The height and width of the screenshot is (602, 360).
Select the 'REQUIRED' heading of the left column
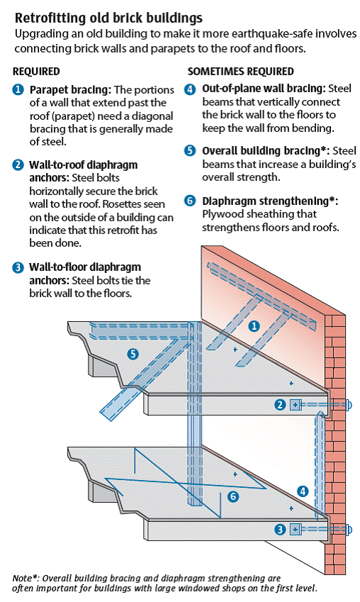[36, 72]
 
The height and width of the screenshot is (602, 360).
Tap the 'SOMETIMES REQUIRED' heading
[240, 72]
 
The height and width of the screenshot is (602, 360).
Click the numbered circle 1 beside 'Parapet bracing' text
[18, 90]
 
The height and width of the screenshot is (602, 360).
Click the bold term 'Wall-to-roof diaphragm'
[84, 165]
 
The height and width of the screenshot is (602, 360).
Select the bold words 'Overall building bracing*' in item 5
[264, 151]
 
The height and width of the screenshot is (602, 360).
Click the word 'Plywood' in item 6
[223, 214]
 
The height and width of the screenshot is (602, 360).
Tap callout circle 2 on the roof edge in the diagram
[280, 405]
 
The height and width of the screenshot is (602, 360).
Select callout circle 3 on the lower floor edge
[280, 528]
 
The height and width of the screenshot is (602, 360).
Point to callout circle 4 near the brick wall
[303, 491]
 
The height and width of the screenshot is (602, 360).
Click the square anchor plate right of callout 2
[296, 405]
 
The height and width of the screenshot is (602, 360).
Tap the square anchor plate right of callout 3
[296, 528]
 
